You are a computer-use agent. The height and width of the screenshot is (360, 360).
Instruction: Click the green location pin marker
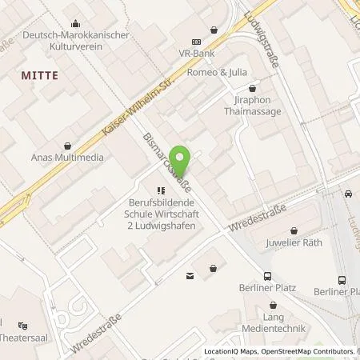tap(182, 162)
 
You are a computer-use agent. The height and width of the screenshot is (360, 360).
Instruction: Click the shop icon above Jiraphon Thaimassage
tap(252, 89)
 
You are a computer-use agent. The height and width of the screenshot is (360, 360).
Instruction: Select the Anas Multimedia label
tap(68, 157)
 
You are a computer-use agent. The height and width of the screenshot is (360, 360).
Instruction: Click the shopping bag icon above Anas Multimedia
tap(68, 145)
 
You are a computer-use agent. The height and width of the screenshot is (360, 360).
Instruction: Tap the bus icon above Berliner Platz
tap(342, 280)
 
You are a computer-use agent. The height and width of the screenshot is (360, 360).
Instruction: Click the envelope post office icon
tap(190, 276)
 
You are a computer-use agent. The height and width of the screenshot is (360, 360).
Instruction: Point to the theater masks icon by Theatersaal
tap(23, 326)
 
